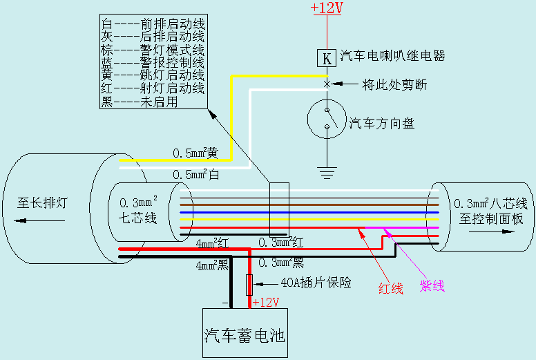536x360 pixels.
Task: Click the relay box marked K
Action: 326,57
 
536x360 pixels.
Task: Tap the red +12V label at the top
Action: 325,8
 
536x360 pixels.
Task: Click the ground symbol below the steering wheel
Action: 326,168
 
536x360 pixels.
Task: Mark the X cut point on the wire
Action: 326,84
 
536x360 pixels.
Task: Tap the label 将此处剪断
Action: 394,85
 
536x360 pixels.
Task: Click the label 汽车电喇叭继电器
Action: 392,55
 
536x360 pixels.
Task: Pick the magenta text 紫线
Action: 432,286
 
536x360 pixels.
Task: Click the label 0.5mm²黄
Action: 195,153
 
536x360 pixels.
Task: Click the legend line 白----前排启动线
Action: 153,22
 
